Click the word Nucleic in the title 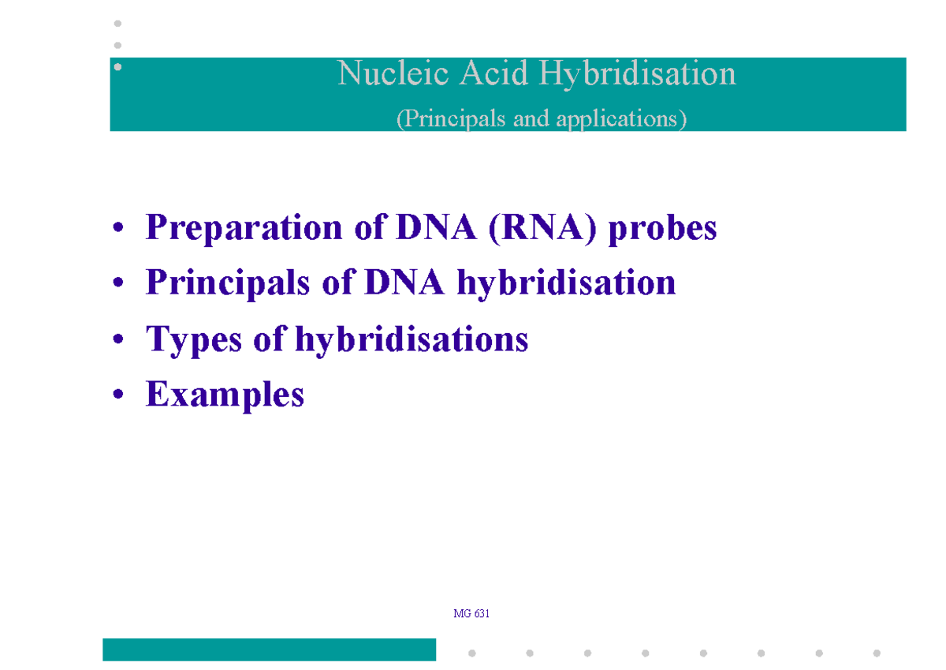[x=393, y=73]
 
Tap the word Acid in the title [x=493, y=73]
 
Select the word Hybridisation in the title [x=637, y=75]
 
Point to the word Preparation [x=244, y=228]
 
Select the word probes [x=662, y=228]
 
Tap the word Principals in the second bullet [x=228, y=283]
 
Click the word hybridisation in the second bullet [x=566, y=283]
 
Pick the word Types [x=194, y=340]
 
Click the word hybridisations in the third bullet [x=412, y=339]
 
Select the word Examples [x=225, y=395]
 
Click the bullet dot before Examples [x=118, y=394]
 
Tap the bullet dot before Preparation [x=118, y=227]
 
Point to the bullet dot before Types [x=118, y=339]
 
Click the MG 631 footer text [x=471, y=613]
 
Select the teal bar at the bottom [x=269, y=649]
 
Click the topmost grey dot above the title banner [x=117, y=23]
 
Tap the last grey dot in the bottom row [x=877, y=653]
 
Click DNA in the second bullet [x=404, y=283]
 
